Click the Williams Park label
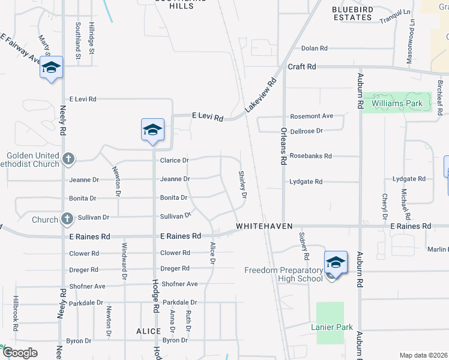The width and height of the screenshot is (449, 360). pyautogui.click(x=397, y=103)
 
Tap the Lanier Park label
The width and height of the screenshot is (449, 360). pyautogui.click(x=330, y=327)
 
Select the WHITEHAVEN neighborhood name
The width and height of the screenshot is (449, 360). pyautogui.click(x=264, y=226)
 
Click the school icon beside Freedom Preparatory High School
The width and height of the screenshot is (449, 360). pyautogui.click(x=336, y=262)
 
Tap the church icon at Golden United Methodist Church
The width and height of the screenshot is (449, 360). pyautogui.click(x=68, y=159)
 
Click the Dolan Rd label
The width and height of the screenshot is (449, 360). pyautogui.click(x=314, y=48)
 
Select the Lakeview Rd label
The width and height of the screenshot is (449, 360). pyautogui.click(x=261, y=95)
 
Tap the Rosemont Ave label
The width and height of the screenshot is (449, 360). pyautogui.click(x=311, y=116)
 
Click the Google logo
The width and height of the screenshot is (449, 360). pyautogui.click(x=20, y=353)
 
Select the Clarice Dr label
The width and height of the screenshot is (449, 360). pyautogui.click(x=174, y=160)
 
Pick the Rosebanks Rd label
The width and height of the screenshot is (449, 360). pyautogui.click(x=310, y=156)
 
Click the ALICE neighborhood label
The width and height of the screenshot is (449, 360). pyautogui.click(x=148, y=331)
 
